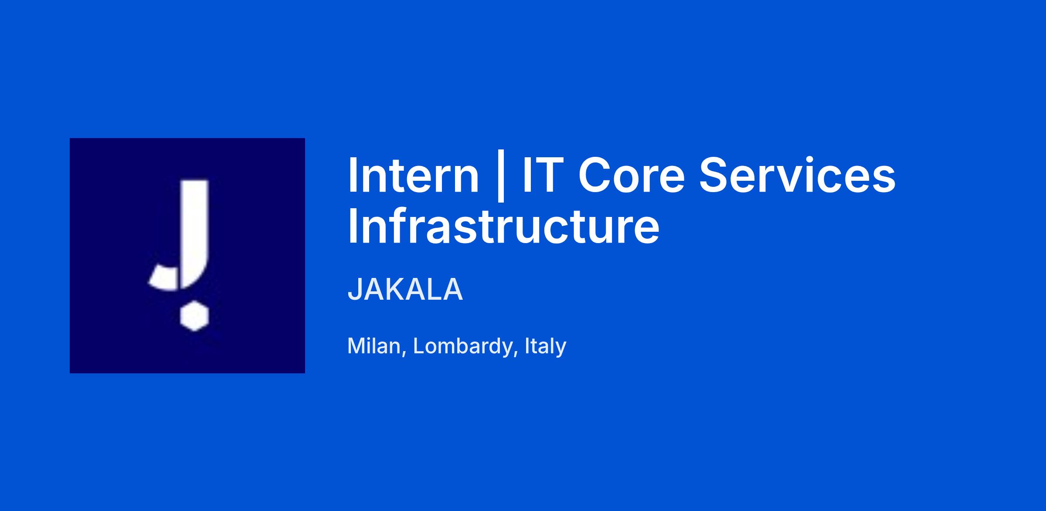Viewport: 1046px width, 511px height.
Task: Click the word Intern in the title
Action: coord(413,176)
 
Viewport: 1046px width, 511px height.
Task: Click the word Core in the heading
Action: coord(632,176)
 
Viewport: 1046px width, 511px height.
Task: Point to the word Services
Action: coord(798,176)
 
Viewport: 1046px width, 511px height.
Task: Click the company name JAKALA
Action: coord(405,289)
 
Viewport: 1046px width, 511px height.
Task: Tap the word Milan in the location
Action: coord(374,346)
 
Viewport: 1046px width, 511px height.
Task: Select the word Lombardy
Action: coord(462,346)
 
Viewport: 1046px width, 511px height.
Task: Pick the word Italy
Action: coord(546,346)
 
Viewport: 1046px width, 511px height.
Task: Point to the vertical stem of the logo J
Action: coord(195,227)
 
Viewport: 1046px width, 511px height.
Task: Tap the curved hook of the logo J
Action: coord(164,279)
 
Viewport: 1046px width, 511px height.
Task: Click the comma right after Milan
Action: coord(404,353)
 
